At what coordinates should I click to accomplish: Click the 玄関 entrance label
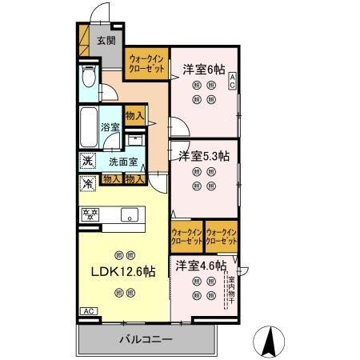click(x=106, y=39)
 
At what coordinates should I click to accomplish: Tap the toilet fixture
click(x=89, y=80)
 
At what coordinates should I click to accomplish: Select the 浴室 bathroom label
click(x=110, y=126)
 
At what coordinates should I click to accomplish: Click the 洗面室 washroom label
click(x=123, y=161)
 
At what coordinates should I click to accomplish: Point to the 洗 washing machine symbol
click(x=86, y=161)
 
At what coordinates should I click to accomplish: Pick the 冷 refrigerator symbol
click(x=86, y=183)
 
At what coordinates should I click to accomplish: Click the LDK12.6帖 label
click(x=120, y=271)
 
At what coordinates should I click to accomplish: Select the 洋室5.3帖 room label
click(x=204, y=154)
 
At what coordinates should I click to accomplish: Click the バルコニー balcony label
click(x=146, y=339)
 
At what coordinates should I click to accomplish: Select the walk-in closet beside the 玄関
click(x=147, y=63)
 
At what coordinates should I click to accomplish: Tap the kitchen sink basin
click(x=129, y=214)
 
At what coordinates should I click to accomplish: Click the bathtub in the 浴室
click(x=89, y=127)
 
